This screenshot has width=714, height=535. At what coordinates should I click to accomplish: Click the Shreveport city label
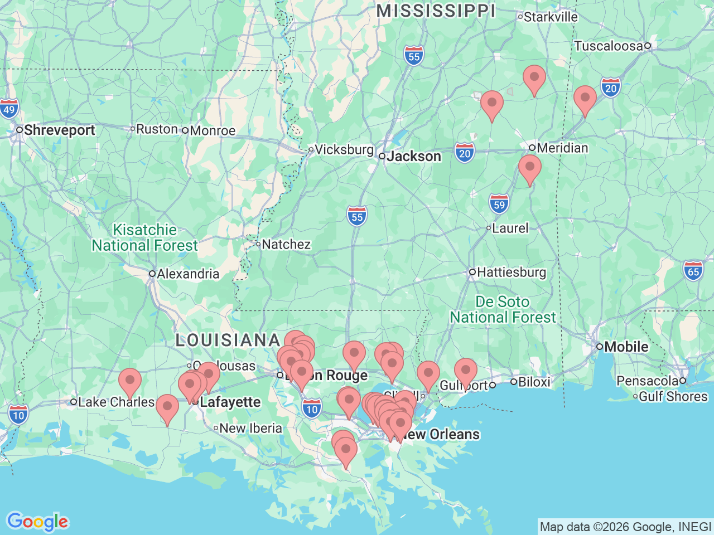[59, 130]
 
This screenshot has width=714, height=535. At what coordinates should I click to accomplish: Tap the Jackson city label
[413, 157]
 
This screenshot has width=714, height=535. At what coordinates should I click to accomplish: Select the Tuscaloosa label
[609, 46]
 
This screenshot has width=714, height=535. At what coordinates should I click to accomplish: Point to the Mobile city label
[626, 347]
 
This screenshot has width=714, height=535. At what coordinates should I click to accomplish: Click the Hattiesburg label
[511, 272]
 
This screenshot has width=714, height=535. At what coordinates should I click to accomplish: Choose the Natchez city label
[286, 244]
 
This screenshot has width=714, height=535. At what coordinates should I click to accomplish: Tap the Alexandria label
[188, 274]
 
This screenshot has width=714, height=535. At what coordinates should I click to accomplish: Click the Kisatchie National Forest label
[145, 238]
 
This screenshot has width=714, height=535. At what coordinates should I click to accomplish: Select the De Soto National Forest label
[503, 310]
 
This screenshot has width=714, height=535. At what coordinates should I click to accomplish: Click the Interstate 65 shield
[693, 271]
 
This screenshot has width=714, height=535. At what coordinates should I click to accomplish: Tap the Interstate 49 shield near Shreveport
[9, 109]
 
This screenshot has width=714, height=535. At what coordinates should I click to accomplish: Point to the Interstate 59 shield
[499, 204]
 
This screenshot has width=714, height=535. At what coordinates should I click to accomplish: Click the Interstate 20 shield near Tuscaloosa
[611, 88]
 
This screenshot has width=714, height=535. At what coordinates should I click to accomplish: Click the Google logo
[37, 522]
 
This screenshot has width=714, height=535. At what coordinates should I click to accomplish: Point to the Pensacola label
[647, 381]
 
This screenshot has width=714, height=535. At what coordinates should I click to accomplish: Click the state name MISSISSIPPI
[436, 11]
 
